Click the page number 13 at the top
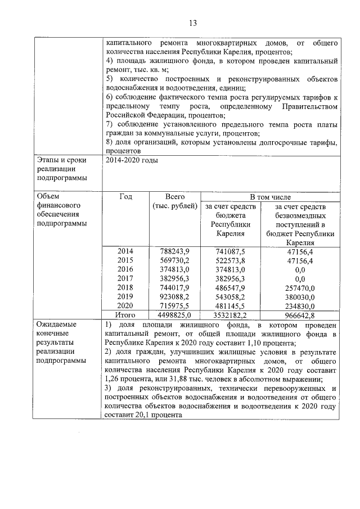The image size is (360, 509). pos(192,23)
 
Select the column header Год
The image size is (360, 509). pos(126,197)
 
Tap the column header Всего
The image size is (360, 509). pos(175,197)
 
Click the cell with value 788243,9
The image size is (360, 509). pos(175,251)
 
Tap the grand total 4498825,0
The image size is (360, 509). pos(175,315)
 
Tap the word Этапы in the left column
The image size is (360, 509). pos(47,160)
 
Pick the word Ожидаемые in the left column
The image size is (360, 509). pos(56,325)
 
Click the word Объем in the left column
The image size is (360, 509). pos(48,197)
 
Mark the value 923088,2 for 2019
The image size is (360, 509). pos(175,296)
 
